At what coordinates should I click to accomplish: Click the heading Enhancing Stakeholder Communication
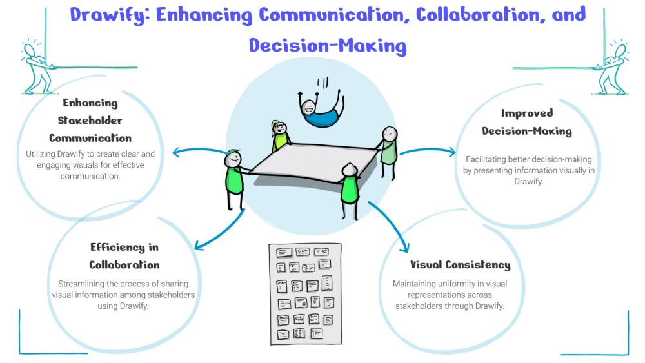[x=90, y=121]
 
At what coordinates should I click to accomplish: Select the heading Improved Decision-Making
[x=528, y=122]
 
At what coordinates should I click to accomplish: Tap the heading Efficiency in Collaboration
[x=124, y=256]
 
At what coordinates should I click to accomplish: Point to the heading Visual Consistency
[x=460, y=265]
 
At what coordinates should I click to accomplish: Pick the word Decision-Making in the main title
[x=328, y=45]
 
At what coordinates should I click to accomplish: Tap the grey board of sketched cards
[x=305, y=293]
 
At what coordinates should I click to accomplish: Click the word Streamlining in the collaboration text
[x=82, y=284]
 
